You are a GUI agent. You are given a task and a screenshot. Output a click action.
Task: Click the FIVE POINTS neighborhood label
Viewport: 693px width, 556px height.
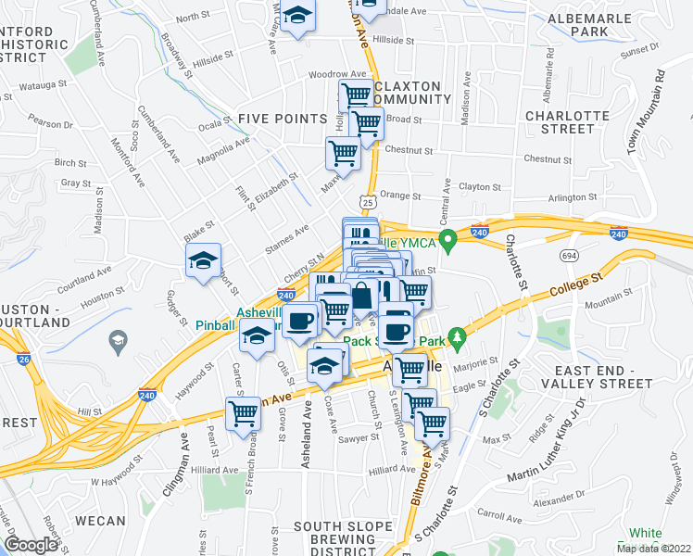click(x=283, y=119)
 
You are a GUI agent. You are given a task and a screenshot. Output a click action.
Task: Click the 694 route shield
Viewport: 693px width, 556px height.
click(x=563, y=253)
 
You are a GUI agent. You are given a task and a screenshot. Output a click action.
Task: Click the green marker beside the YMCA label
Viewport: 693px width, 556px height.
click(x=449, y=245)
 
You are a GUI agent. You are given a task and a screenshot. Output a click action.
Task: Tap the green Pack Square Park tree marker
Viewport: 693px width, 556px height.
click(x=455, y=338)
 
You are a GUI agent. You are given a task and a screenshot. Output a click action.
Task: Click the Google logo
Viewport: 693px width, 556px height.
click(x=31, y=545)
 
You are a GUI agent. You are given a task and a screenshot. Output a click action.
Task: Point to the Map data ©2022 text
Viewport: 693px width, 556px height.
click(x=653, y=549)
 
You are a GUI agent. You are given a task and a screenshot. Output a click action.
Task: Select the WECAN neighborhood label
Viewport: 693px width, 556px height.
click(x=100, y=521)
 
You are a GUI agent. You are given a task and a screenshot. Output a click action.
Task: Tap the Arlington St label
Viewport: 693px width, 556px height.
click(x=573, y=197)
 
